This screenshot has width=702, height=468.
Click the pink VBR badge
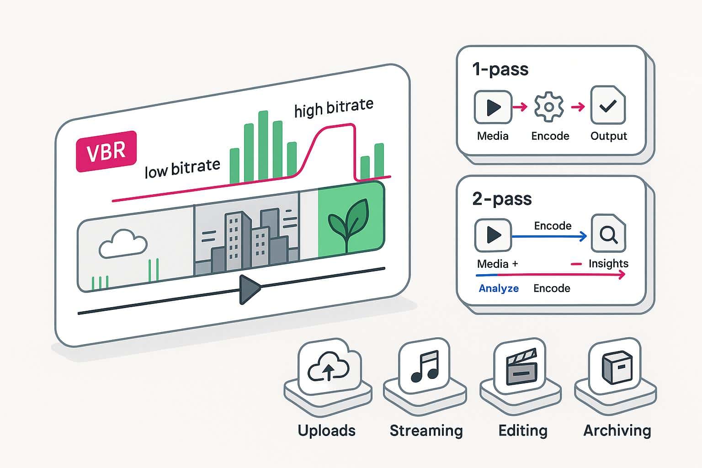(x=106, y=152)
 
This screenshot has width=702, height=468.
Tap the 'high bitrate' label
(x=334, y=108)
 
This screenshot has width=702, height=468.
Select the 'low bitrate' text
(x=182, y=169)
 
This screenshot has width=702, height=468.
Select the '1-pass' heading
(x=500, y=69)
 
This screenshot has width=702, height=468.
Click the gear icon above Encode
(x=549, y=107)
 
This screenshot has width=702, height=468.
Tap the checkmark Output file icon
(x=608, y=106)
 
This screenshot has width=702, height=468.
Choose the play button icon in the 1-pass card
(x=493, y=107)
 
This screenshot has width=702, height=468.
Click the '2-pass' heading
(x=502, y=199)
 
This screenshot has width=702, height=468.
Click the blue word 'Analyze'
(x=499, y=288)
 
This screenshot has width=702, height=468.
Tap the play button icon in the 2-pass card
(x=493, y=235)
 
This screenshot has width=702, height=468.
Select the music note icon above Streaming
(x=425, y=366)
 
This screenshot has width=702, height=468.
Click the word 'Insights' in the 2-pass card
(x=608, y=264)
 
